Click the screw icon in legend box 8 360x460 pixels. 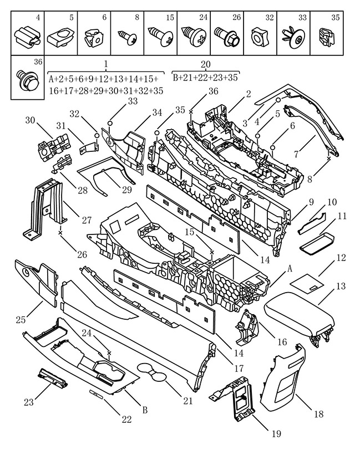127,37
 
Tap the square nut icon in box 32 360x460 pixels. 260,38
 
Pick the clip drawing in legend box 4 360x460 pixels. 27,37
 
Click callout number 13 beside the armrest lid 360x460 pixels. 341,286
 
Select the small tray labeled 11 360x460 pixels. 317,242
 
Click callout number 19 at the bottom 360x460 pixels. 276,433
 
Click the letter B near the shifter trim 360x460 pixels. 144,410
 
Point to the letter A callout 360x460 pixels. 290,268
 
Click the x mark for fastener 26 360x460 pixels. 60,233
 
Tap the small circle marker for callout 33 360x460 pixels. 110,122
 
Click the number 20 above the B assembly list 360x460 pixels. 206,64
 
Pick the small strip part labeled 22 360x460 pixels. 97,393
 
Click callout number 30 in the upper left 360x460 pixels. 31,120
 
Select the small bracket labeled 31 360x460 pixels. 88,147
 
